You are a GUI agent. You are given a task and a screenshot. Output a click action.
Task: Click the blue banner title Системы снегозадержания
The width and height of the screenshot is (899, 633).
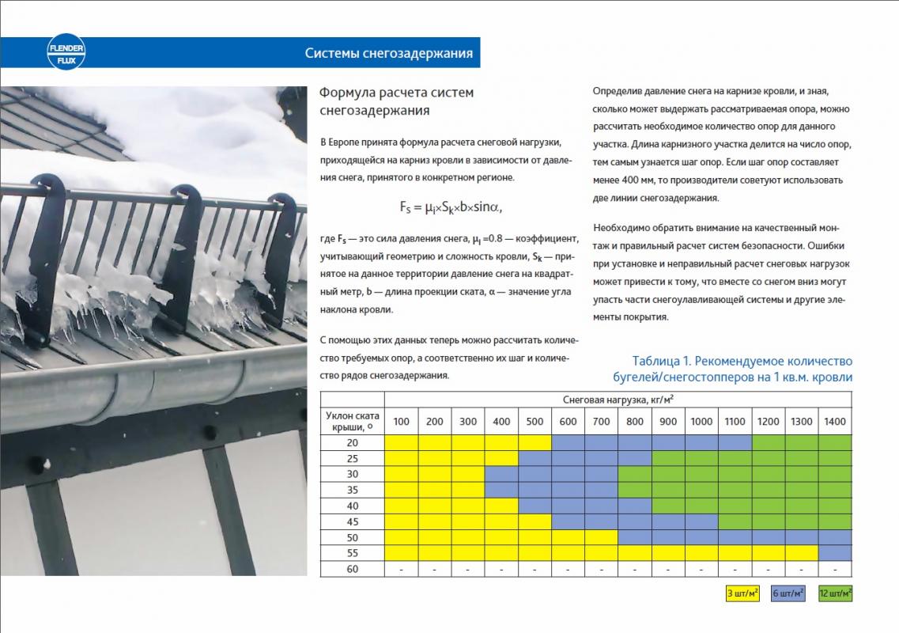[388, 54]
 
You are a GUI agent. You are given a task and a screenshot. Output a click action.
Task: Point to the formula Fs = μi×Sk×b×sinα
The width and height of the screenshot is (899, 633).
[451, 207]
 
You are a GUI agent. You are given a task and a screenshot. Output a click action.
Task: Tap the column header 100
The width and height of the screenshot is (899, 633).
[401, 422]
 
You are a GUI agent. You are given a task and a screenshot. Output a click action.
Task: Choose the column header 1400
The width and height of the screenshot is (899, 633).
[834, 422]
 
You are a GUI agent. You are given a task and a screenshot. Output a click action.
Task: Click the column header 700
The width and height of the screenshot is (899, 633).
[601, 422]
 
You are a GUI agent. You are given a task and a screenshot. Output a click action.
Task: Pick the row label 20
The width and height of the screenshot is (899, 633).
[352, 442]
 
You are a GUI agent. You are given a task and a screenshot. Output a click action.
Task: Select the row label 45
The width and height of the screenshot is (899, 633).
[352, 521]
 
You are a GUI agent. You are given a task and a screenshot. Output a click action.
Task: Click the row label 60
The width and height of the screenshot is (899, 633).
[352, 569]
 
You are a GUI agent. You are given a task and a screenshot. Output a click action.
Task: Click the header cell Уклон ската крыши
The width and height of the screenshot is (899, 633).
[352, 421]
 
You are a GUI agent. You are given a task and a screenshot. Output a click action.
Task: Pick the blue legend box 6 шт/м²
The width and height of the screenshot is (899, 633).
[788, 593]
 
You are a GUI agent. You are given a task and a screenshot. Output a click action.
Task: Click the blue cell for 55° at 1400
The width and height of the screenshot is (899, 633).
[834, 553]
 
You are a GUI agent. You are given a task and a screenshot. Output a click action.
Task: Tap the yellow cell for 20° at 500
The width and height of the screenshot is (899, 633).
[534, 442]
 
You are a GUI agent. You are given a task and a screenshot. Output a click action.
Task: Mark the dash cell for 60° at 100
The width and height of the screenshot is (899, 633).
[401, 569]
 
